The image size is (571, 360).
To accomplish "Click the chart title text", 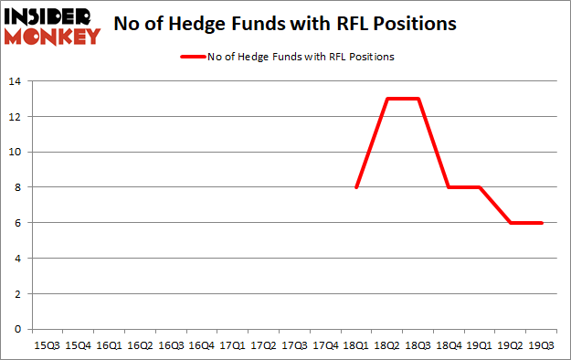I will (285, 24).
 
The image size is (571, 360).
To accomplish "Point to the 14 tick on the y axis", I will (16, 81).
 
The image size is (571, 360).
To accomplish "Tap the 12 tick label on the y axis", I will (16, 117).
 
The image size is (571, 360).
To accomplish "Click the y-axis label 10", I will (16, 152).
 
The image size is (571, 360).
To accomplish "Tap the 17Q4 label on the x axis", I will (325, 346).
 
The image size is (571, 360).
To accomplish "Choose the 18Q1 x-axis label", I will (356, 346).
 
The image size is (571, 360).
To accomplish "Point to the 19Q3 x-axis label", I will (543, 346).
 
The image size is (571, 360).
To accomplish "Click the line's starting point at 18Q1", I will (356, 187).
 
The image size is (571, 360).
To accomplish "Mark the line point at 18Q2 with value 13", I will (387, 99).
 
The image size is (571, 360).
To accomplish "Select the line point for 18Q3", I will (418, 99).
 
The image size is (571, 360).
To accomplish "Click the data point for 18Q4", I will (449, 187).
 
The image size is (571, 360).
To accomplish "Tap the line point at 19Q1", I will (481, 187).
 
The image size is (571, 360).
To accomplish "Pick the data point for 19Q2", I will (512, 223).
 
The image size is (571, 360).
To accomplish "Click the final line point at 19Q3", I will (543, 223).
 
